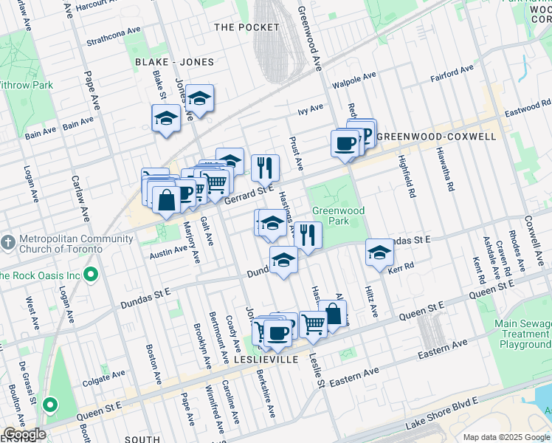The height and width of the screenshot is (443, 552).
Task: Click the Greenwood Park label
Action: (339, 216)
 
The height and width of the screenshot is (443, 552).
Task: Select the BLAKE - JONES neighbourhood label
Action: (174, 62)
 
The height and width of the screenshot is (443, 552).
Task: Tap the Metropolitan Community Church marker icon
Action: (7, 243)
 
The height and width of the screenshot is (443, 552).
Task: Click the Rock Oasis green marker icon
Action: (92, 275)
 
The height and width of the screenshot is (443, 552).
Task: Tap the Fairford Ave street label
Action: (452, 73)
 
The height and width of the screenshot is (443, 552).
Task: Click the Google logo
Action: (24, 434)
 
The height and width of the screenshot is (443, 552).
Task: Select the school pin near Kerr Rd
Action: (379, 253)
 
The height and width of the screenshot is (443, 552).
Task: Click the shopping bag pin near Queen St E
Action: (333, 314)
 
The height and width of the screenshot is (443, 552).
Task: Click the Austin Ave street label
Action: (169, 252)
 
